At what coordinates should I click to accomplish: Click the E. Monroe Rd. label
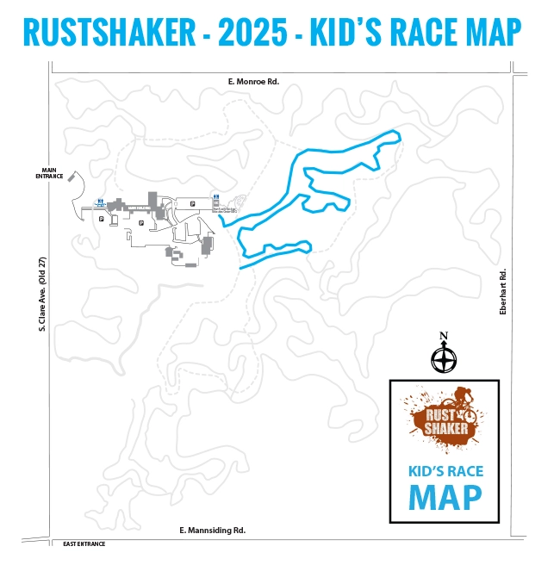(254, 82)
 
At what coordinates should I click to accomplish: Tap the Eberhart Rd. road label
(504, 293)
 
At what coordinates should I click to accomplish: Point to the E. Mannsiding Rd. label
(212, 530)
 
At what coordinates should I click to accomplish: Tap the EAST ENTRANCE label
(83, 544)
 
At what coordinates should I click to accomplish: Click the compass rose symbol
(444, 357)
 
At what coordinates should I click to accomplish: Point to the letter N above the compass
(444, 336)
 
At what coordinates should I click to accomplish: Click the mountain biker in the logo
(464, 400)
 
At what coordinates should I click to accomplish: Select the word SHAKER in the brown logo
(446, 428)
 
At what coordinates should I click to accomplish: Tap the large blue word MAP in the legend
(445, 497)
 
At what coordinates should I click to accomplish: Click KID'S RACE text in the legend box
(445, 470)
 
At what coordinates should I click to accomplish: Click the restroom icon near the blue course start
(215, 196)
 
